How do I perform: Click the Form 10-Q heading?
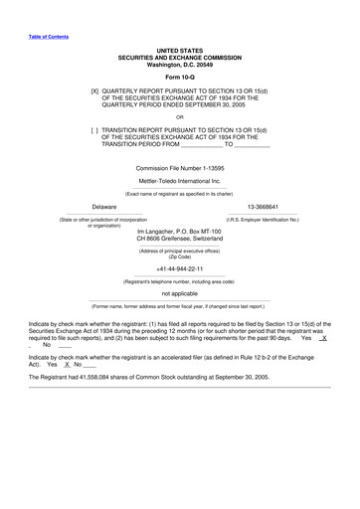[x=179, y=78]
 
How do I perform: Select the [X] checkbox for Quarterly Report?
[x=94, y=89]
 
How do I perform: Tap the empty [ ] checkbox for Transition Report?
[x=94, y=129]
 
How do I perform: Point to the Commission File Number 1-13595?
[x=179, y=168]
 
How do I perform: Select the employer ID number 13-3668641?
[x=263, y=207]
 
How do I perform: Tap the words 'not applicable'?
[x=179, y=294]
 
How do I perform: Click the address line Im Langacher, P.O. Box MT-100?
[x=179, y=232]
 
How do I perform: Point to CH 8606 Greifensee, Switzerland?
[x=179, y=240]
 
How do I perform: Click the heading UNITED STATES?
[x=179, y=48]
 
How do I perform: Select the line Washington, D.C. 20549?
[x=179, y=63]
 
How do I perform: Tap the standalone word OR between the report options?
[x=179, y=116]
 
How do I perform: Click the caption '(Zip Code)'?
[x=179, y=256]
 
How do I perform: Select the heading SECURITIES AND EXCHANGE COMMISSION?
[x=179, y=56]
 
